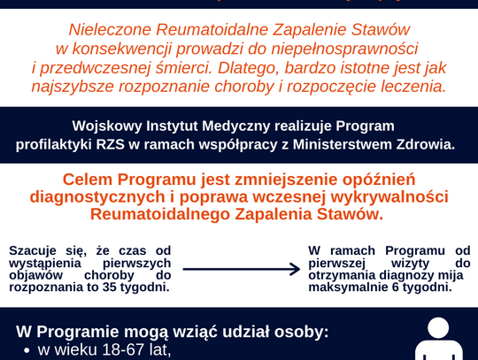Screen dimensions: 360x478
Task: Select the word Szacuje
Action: pyautogui.click(x=35, y=251)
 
